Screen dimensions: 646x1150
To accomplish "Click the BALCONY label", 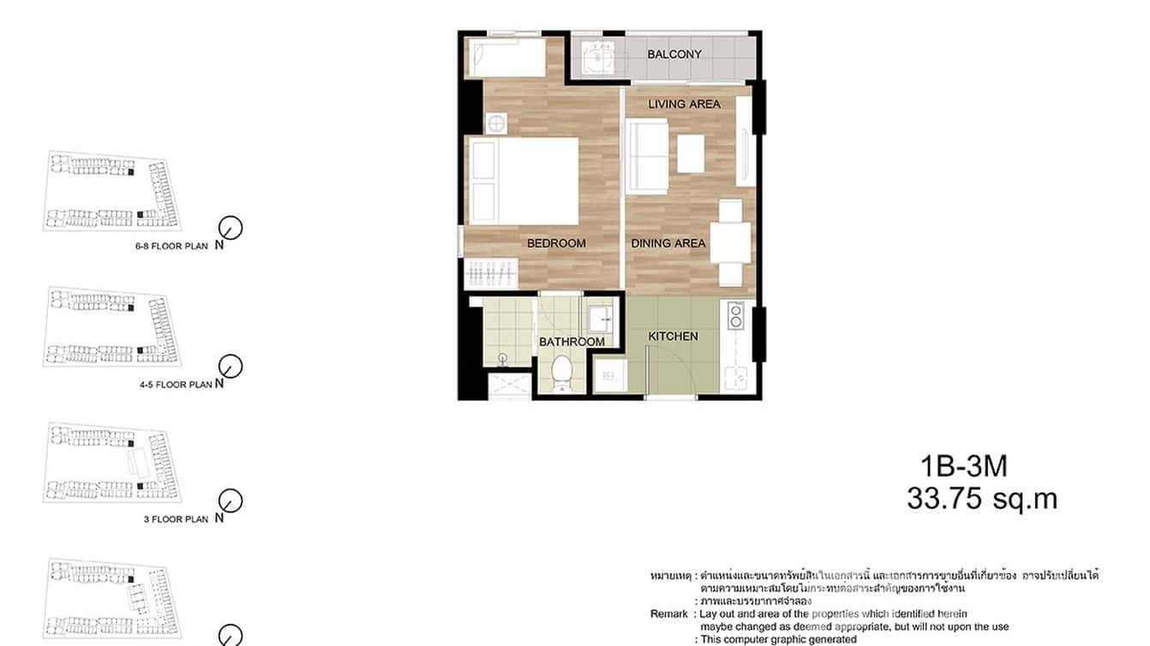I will pos(674,54).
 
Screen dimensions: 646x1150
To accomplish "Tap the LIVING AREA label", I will pos(684,105).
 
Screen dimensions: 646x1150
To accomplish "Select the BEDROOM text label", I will pos(556,243).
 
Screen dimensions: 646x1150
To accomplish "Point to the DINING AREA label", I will pos(668,243).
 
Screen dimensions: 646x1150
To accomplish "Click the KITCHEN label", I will pos(673,337).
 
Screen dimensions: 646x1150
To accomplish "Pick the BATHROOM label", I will pos(572,342).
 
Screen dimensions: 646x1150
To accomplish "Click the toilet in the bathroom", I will pos(562,373).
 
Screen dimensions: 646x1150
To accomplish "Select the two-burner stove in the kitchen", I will pos(734,316).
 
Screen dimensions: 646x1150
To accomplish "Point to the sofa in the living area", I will pos(647,156).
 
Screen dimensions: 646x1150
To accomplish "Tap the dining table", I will pos(730,242).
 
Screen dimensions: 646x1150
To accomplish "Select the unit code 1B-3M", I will pos(963,467).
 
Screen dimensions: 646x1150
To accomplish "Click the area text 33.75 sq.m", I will pos(982,499).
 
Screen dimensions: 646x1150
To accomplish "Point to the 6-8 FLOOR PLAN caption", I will pos(171,247).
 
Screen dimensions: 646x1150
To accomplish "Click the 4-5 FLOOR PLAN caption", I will pos(176,386).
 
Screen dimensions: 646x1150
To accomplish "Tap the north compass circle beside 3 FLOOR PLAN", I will pos(231,500).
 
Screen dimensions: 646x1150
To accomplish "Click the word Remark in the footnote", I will pos(668,614).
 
